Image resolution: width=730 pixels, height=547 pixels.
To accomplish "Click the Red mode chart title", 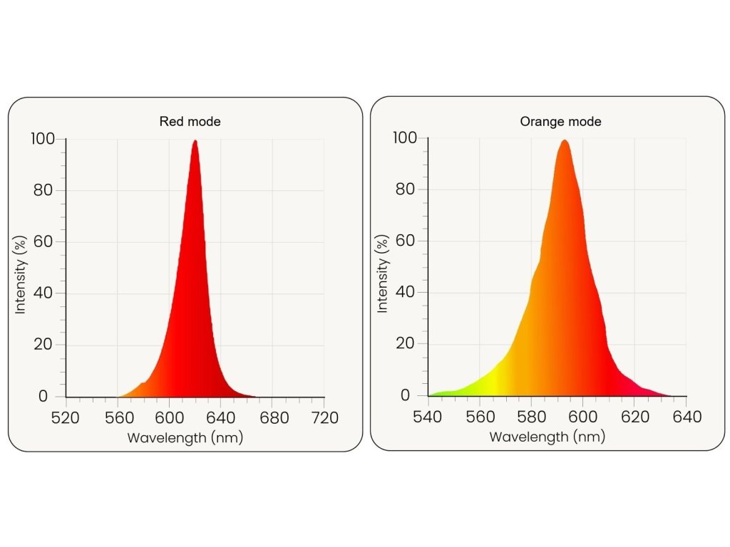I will (190, 122).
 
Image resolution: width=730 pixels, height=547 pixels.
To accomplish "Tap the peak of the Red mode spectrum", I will (195, 141).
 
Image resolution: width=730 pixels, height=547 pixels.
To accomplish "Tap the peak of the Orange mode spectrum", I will (565, 140).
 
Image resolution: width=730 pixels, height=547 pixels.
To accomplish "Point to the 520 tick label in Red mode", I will (66, 417).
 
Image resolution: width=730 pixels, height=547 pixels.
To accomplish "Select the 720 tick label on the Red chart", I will (324, 417).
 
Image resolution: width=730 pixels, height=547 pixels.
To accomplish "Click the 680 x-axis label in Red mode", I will (272, 417).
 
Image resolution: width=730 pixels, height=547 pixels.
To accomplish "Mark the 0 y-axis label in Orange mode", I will (405, 395).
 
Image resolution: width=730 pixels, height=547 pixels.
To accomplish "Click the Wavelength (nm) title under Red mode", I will (185, 438).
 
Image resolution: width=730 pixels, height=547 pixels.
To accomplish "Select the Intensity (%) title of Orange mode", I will (383, 277).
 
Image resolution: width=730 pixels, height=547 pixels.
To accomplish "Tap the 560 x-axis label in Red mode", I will (117, 417).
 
